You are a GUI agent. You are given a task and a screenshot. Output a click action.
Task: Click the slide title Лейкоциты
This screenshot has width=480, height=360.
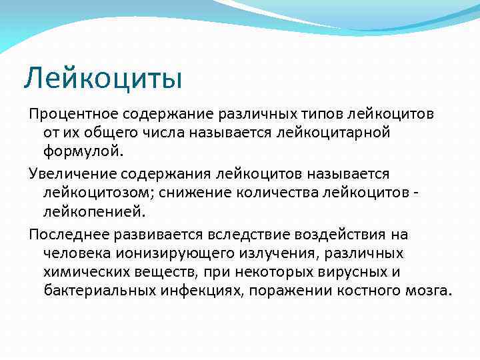point(103,78)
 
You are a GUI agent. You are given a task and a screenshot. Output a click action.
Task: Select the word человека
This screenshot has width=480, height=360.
point(75,253)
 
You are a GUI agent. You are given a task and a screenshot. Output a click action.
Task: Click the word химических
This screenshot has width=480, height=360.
point(83,272)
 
